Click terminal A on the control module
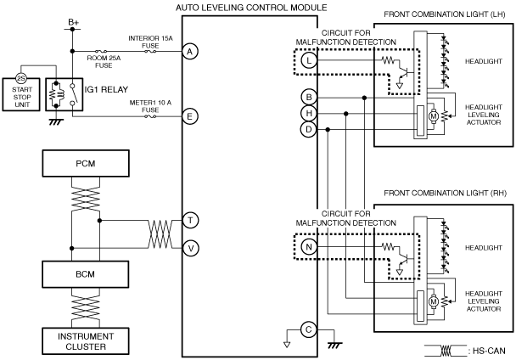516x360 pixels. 190,52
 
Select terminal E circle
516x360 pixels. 190,116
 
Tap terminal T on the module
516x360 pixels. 191,220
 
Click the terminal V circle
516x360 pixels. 191,248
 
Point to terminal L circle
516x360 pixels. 309,60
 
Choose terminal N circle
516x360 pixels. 309,247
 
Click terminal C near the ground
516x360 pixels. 309,329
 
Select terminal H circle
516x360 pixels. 309,113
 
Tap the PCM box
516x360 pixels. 86,163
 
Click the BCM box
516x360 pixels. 85,274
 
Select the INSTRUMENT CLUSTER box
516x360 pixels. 86,341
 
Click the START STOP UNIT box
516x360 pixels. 21,94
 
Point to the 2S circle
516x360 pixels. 21,78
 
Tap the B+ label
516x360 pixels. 73,22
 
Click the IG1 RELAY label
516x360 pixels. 106,90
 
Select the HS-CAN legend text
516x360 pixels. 489,351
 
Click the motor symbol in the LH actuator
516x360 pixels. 434,116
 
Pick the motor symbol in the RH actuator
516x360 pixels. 434,301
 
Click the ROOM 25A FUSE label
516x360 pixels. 104,62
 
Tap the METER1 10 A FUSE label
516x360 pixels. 150,106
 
